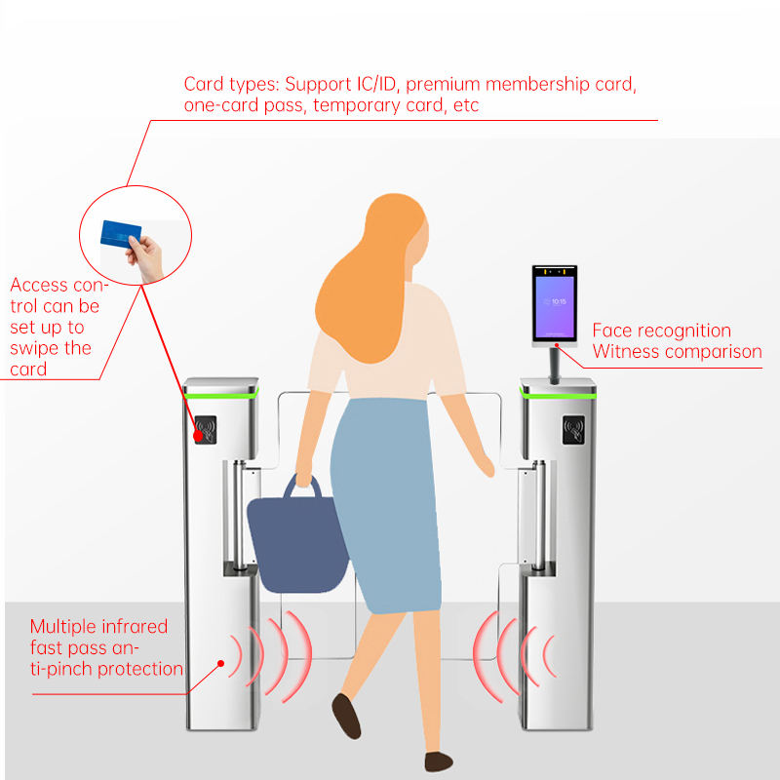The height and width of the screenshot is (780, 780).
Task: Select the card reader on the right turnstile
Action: [x=574, y=429]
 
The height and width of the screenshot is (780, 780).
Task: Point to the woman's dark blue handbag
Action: [x=296, y=540]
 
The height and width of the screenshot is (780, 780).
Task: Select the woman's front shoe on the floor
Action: [x=439, y=761]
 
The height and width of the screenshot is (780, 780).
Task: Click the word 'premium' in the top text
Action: [x=438, y=84]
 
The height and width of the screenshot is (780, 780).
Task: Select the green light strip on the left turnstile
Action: [x=224, y=394]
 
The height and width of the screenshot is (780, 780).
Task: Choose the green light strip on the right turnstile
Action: [x=558, y=394]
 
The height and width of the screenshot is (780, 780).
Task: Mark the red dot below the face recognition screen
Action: [x=559, y=345]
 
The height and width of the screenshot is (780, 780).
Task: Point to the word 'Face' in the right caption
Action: [x=612, y=331]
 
